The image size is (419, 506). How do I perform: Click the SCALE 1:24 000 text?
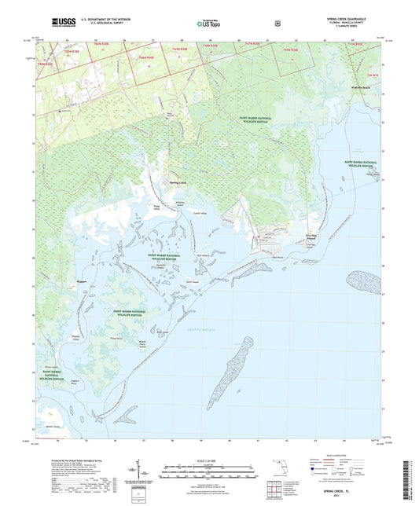210,460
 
